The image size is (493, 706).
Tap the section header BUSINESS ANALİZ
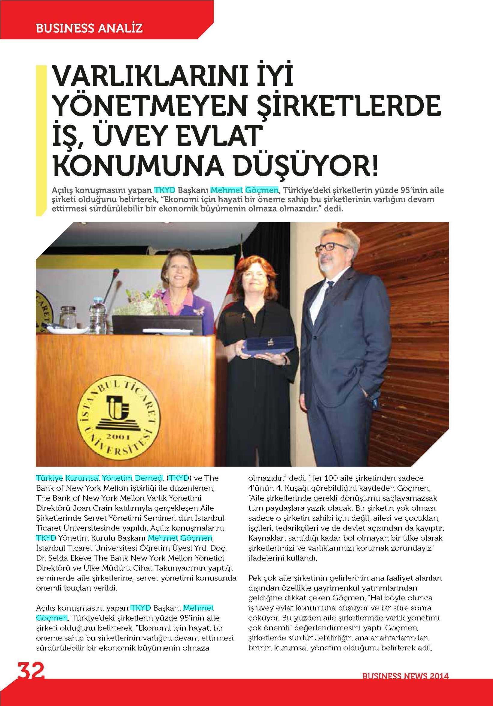pyautogui.click(x=89, y=29)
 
